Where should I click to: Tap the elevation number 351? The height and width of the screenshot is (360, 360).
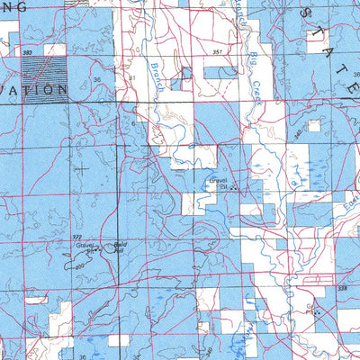219,53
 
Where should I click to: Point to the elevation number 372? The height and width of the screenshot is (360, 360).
77,237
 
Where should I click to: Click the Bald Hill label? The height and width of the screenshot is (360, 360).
115,247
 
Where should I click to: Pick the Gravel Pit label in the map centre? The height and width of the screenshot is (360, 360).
217,182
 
